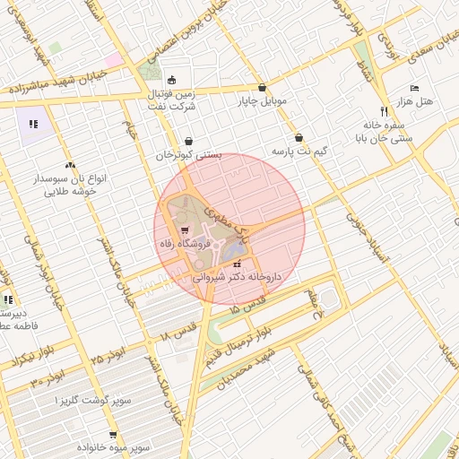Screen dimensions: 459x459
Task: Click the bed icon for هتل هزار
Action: [413, 88]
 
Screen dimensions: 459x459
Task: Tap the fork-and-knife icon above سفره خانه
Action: [385, 111]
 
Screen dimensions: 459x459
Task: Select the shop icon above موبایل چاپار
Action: [262, 88]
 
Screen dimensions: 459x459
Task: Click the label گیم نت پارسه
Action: [299, 151]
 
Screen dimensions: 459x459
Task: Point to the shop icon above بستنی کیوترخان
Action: [188, 141]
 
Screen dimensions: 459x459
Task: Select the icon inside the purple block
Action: [33, 125]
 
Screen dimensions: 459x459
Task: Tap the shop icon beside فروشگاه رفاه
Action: [185, 243]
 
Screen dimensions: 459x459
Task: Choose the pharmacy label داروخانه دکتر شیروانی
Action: [238, 278]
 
